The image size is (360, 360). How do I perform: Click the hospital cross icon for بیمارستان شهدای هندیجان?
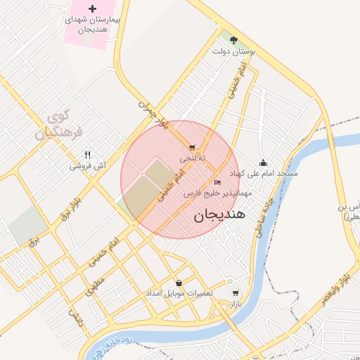93,8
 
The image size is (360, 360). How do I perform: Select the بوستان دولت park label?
235,51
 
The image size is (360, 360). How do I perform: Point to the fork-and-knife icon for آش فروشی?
87,155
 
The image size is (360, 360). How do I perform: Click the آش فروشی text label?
87,167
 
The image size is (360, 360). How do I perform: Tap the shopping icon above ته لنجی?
192,148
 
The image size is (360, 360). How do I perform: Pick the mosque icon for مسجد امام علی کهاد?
263,162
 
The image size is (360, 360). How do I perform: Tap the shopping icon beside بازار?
235,293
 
